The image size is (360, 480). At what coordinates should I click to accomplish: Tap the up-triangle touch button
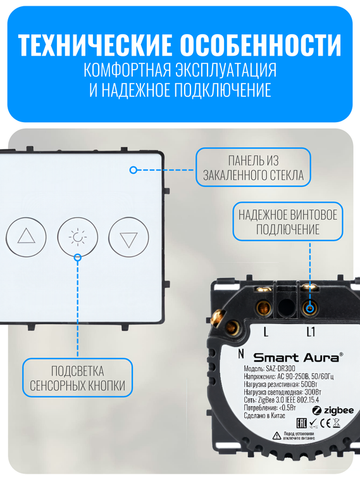click(27, 237)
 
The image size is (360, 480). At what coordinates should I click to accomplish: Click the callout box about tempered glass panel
click(253, 168)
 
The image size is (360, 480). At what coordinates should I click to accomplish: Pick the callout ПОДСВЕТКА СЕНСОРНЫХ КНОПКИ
click(78, 378)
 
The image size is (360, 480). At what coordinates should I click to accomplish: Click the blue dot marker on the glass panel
click(133, 170)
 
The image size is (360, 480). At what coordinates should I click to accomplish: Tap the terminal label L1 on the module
click(311, 332)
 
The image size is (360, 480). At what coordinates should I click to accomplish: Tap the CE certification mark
click(322, 424)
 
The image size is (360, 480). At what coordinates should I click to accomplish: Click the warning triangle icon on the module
click(276, 436)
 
